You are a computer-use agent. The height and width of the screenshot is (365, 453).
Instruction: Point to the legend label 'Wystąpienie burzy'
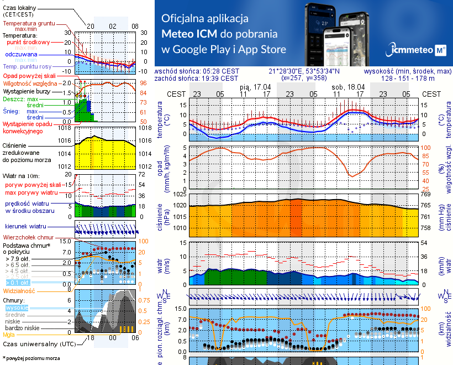pyautogui.click(x=29, y=90)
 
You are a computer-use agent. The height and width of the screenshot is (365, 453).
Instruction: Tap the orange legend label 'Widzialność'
pyautogui.click(x=19, y=290)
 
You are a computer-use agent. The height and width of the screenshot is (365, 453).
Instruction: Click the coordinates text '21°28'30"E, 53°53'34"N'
pyautogui.click(x=304, y=71)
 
